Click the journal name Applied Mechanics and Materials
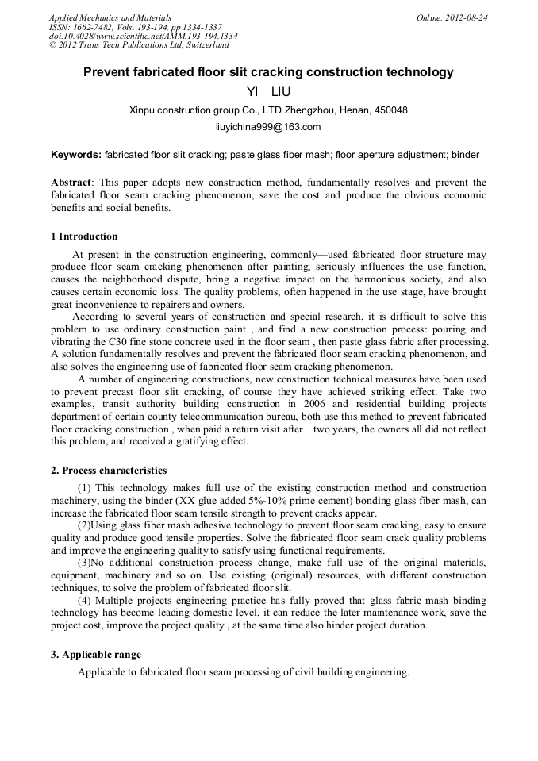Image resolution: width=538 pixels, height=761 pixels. pyautogui.click(x=110, y=17)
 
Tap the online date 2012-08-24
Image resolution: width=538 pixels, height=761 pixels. pyautogui.click(x=468, y=17)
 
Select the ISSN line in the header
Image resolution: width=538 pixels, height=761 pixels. pyautogui.click(x=136, y=27)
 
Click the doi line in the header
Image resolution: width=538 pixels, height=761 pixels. pyautogui.click(x=143, y=37)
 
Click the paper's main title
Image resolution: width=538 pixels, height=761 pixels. pyautogui.click(x=268, y=72)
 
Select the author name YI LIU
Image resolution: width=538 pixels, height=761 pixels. pyautogui.click(x=269, y=92)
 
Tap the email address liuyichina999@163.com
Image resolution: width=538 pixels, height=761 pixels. pyautogui.click(x=268, y=126)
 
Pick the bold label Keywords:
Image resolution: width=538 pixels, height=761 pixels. pyautogui.click(x=76, y=154)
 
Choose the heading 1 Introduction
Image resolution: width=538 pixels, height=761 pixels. pyautogui.click(x=84, y=236)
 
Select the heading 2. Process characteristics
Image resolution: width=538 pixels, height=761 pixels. pyautogui.click(x=109, y=470)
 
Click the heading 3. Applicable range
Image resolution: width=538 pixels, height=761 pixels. pyautogui.click(x=96, y=655)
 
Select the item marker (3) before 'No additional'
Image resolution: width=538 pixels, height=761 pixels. pyautogui.click(x=86, y=563)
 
